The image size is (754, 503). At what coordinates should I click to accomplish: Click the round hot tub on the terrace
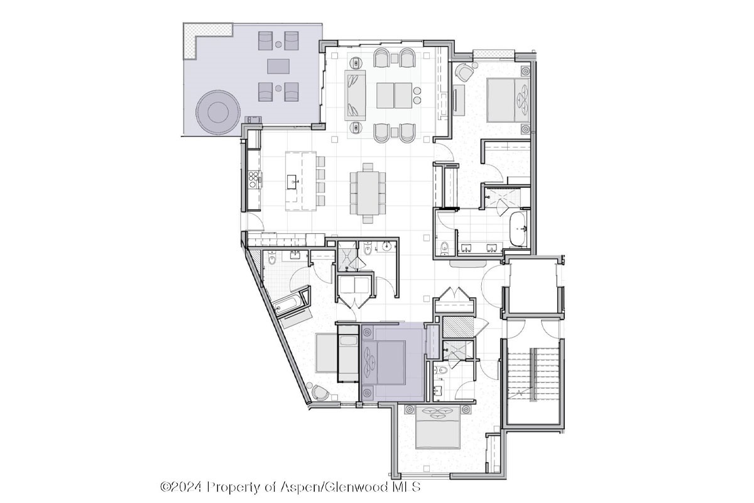[x=218, y=112]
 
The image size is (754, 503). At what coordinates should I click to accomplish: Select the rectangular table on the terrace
[x=278, y=67]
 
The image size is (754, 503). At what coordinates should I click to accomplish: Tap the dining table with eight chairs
[x=368, y=193]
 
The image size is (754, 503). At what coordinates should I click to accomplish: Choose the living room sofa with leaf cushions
[x=356, y=95]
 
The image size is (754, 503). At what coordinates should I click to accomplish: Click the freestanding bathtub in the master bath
[x=518, y=229]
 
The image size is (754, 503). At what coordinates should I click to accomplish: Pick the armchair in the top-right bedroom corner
[x=464, y=72]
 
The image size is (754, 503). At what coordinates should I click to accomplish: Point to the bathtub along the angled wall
[x=287, y=304]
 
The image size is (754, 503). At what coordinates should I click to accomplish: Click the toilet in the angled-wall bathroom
[x=272, y=258]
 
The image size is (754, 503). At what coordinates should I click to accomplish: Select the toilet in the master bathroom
[x=444, y=247]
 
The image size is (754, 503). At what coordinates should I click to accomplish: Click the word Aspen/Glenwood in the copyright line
[x=334, y=487]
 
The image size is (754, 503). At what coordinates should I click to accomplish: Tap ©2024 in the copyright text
[x=181, y=487]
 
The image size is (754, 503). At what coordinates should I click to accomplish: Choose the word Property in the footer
[x=232, y=487]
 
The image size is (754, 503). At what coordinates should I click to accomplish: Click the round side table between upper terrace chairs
[x=278, y=44]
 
